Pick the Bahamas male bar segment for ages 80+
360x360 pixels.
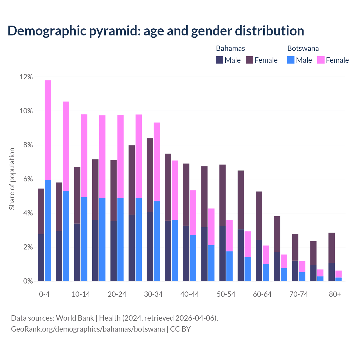pyautogui.click(x=332, y=272)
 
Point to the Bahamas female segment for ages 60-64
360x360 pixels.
pyautogui.click(x=259, y=215)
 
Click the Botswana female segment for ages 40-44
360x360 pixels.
pyautogui.click(x=193, y=213)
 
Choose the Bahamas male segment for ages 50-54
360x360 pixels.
pyautogui.click(x=222, y=253)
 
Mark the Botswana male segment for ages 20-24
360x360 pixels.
pyautogui.click(x=120, y=239)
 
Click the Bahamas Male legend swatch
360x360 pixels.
pyautogui.click(x=220, y=60)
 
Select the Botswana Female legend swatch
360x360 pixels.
pyautogui.click(x=321, y=60)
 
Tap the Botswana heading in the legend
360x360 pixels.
pyautogui.click(x=303, y=48)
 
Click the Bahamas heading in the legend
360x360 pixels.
pyautogui.click(x=230, y=48)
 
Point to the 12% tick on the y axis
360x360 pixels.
pyautogui.click(x=26, y=77)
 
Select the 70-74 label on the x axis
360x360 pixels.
pyautogui.click(x=299, y=294)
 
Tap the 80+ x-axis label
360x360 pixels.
pyautogui.click(x=335, y=294)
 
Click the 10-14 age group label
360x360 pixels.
pyautogui.click(x=81, y=294)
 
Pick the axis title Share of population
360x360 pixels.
pyautogui.click(x=12, y=179)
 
